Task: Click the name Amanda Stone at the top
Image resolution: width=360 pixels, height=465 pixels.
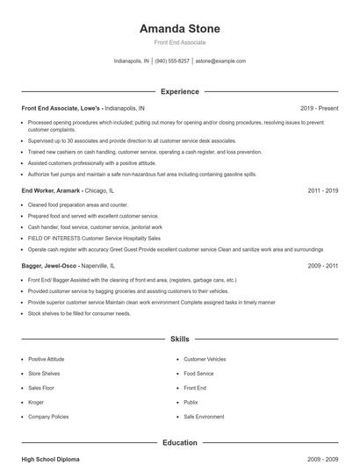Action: pyautogui.click(x=180, y=29)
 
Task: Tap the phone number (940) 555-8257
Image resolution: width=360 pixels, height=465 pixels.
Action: pyautogui.click(x=172, y=61)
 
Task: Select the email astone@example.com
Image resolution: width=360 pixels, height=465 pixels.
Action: pyautogui.click(x=220, y=61)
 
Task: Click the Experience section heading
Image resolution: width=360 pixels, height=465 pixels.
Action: pyautogui.click(x=180, y=91)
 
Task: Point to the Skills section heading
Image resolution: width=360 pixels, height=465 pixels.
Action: pyautogui.click(x=180, y=338)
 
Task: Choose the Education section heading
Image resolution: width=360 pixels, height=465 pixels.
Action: pyautogui.click(x=180, y=443)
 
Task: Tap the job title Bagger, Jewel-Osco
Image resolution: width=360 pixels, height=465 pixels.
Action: pyautogui.click(x=54, y=265)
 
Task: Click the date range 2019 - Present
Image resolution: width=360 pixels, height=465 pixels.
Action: pyautogui.click(x=319, y=108)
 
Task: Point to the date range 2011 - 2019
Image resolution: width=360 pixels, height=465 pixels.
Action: pyautogui.click(x=322, y=190)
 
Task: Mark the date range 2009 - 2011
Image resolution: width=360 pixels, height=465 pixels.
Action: pyautogui.click(x=322, y=265)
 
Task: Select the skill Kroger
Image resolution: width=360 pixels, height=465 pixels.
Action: pyautogui.click(x=37, y=401)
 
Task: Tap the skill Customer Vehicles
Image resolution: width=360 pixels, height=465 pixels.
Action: pyautogui.click(x=205, y=359)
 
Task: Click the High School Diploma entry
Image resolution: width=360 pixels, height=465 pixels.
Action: pyautogui.click(x=50, y=458)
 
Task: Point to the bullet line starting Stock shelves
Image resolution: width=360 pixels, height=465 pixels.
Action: pyautogui.click(x=79, y=313)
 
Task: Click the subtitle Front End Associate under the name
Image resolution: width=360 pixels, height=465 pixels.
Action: pyautogui.click(x=180, y=43)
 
